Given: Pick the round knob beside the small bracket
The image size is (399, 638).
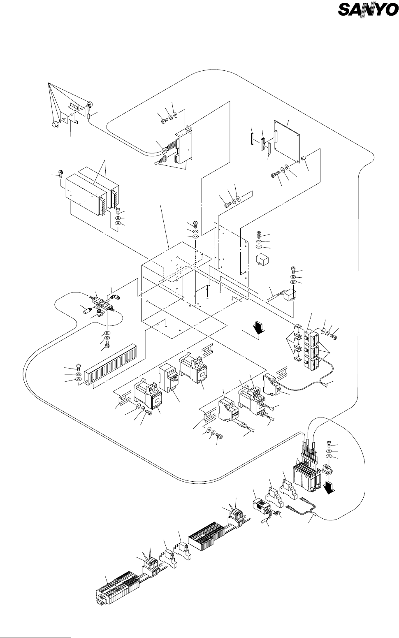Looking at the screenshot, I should [54, 124].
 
